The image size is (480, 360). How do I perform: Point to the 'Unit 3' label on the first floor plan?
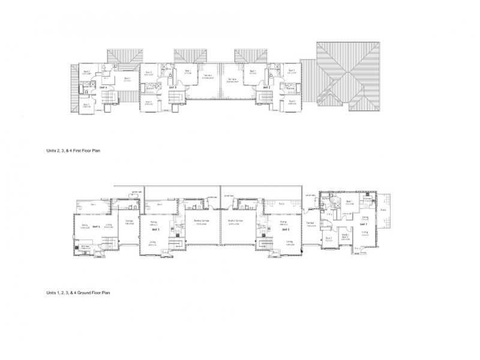(172, 88)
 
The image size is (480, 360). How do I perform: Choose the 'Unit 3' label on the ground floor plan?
(155, 229)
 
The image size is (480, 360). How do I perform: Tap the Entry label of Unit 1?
(357, 247)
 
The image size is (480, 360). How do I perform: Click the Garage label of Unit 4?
(128, 221)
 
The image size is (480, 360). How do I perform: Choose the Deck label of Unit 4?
(94, 205)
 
